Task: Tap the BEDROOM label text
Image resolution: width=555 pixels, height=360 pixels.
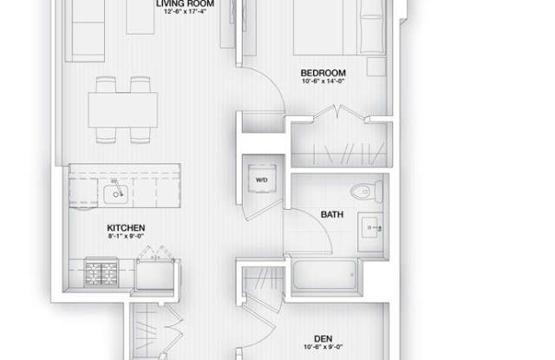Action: click(323, 72)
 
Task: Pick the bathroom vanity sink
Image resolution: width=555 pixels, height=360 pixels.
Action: click(375, 227)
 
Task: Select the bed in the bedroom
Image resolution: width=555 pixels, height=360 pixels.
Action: click(325, 26)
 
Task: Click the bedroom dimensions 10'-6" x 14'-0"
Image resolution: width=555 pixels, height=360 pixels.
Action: click(323, 82)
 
